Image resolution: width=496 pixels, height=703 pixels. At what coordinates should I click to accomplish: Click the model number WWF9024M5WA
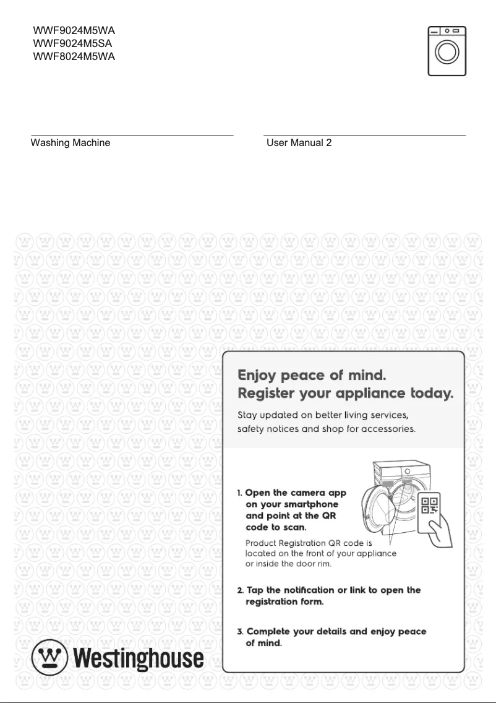(74, 30)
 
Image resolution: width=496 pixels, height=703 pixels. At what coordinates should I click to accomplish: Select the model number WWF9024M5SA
(73, 44)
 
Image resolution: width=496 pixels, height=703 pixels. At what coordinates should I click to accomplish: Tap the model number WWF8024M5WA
(74, 57)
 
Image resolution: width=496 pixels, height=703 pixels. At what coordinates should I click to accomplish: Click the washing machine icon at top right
(447, 51)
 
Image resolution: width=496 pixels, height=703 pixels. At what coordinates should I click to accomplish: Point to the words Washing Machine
(71, 143)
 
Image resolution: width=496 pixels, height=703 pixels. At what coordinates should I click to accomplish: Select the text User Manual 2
(299, 143)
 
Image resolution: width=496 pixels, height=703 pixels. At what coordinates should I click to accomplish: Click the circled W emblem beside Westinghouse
(50, 657)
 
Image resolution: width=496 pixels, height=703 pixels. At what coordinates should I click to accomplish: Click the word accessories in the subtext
(386, 429)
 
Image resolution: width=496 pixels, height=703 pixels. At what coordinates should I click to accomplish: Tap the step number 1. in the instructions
(240, 493)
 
